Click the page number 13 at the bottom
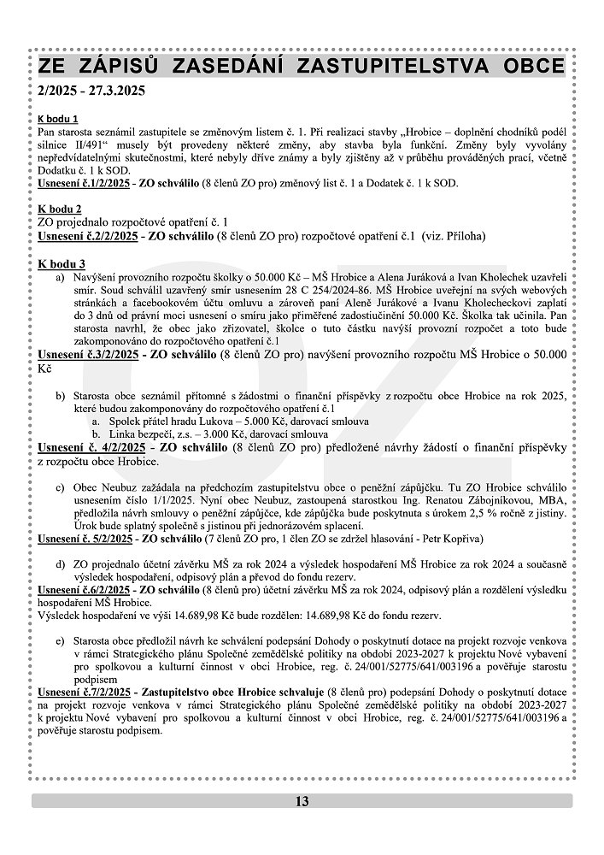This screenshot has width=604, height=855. coord(302,801)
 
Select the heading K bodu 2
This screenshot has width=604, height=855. coord(59,209)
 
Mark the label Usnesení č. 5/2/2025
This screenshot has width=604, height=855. coord(86,540)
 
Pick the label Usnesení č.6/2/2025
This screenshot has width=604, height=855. coord(84,590)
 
